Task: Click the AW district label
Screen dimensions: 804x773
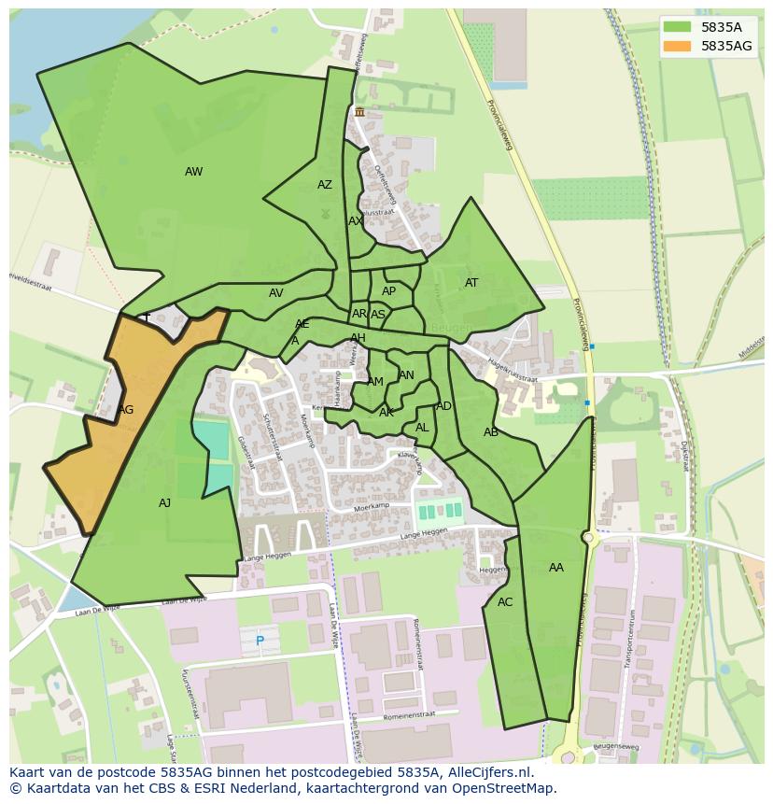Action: (x=193, y=172)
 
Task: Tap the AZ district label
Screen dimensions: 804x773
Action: (x=324, y=185)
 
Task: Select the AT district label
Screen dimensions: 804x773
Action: (x=471, y=283)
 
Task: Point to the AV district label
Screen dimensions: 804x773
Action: (x=275, y=293)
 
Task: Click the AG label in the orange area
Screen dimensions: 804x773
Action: (x=125, y=410)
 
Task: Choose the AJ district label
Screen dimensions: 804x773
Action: (x=164, y=503)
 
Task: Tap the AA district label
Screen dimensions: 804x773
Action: (x=555, y=568)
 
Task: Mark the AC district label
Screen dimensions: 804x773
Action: (x=505, y=602)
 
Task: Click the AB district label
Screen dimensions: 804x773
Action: (x=490, y=432)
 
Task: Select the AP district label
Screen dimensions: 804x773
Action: (x=388, y=291)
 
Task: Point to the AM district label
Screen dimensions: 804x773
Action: (x=375, y=382)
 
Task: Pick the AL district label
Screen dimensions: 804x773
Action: (x=422, y=428)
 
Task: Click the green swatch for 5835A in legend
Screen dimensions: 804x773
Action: (x=677, y=26)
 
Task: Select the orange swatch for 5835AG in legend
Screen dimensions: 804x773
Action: (x=677, y=46)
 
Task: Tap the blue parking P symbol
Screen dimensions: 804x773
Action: (x=260, y=642)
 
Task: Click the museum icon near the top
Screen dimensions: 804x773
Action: (x=359, y=112)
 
